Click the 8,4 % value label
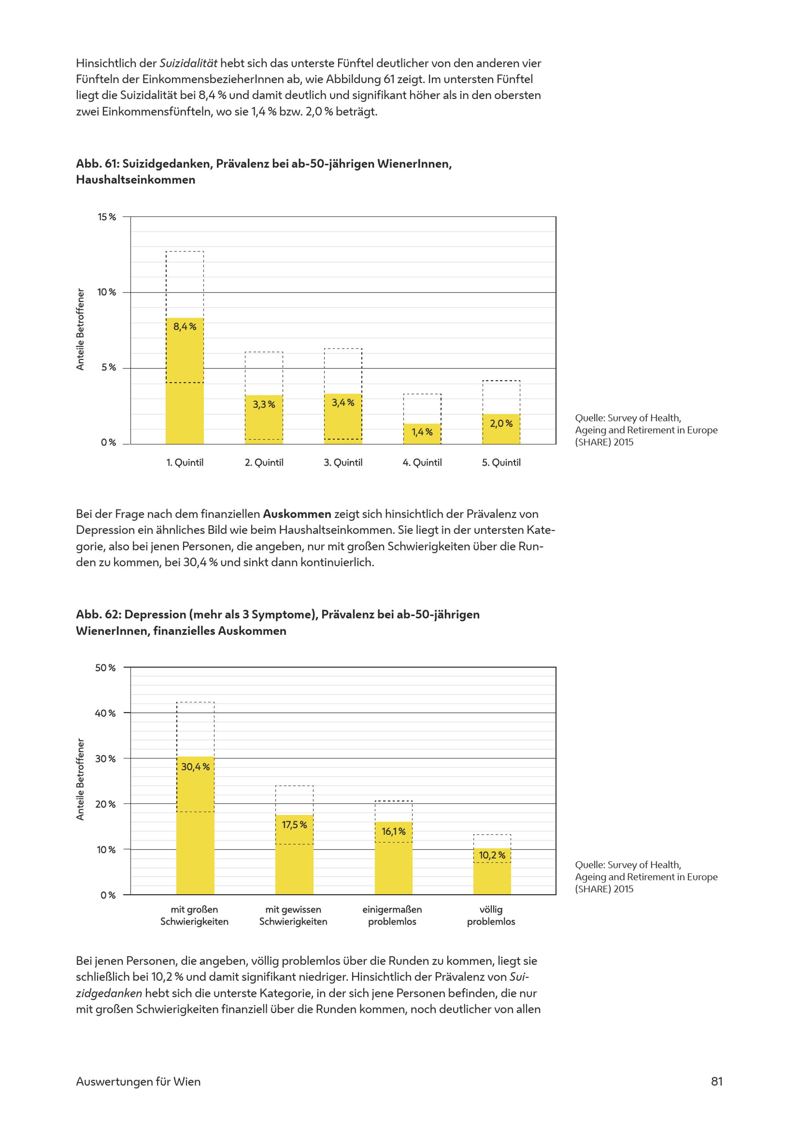[x=185, y=326]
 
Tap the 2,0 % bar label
[x=501, y=423]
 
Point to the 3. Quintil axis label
[x=343, y=463]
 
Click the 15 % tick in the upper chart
[x=107, y=217]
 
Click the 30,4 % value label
[x=195, y=767]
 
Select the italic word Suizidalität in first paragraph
[x=189, y=64]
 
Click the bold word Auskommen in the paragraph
[x=297, y=514]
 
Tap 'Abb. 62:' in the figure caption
[x=98, y=615]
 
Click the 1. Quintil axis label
[x=185, y=463]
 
